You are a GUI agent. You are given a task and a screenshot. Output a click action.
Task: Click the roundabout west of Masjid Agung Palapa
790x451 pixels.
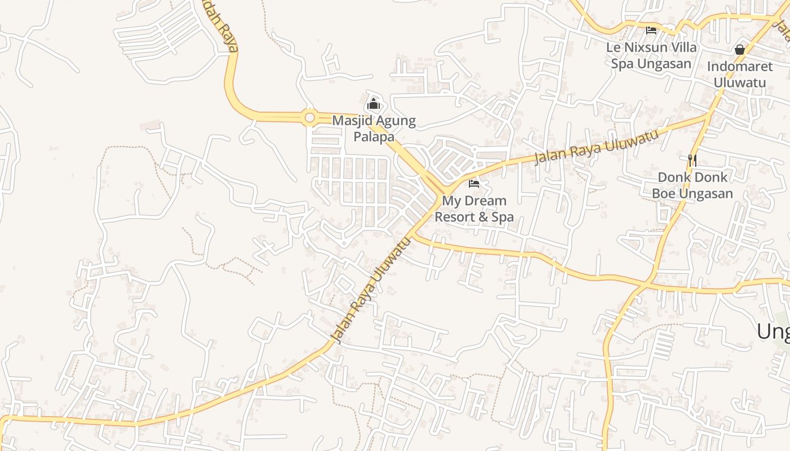pyautogui.click(x=309, y=118)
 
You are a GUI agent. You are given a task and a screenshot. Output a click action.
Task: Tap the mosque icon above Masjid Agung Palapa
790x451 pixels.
pyautogui.click(x=374, y=104)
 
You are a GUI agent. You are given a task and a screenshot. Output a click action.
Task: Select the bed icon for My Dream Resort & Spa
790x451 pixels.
pyautogui.click(x=474, y=184)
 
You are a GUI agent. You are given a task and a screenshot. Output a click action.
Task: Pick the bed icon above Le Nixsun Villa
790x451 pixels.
pyautogui.click(x=651, y=30)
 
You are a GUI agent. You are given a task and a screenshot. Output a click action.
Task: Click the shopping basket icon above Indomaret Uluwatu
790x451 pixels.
pyautogui.click(x=740, y=50)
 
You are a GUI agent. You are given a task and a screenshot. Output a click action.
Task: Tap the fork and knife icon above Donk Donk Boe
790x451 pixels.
pyautogui.click(x=692, y=161)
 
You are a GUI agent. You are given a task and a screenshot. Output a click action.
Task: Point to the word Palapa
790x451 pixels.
pyautogui.click(x=374, y=136)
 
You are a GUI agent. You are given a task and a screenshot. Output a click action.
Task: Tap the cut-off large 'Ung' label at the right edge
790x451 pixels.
pyautogui.click(x=773, y=331)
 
